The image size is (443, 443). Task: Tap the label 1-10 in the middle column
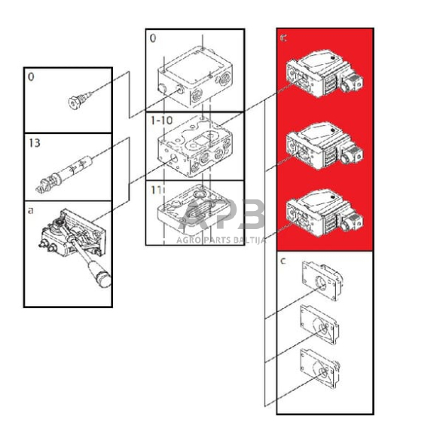[161, 121]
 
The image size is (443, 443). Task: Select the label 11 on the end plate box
[156, 188]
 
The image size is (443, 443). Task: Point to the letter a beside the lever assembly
[31, 212]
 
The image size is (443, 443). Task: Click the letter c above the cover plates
[283, 261]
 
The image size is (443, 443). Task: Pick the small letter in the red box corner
[283, 38]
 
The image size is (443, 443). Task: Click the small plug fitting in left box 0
[78, 98]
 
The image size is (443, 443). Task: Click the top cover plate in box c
[319, 283]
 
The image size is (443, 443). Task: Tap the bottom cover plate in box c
[319, 368]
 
